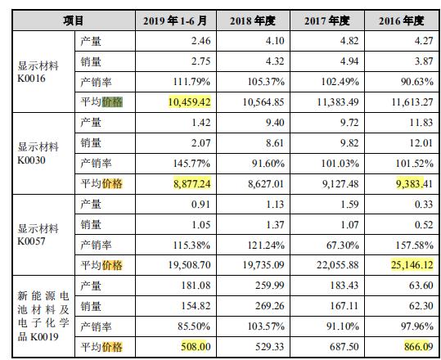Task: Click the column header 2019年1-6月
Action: coord(175,20)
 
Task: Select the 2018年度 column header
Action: coord(253,20)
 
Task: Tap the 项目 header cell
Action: coord(73,20)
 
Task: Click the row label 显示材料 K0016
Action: coord(38,72)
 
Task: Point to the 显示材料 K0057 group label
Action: coord(38,235)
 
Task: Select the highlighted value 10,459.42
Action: coord(190,101)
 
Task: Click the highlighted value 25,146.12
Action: coord(412,264)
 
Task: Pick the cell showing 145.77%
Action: coord(191,164)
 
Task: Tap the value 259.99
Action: coord(270,286)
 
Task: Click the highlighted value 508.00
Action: coord(196,347)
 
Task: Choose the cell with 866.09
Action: coord(419,347)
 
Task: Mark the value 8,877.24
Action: coord(192,183)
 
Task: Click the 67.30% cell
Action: coord(343,245)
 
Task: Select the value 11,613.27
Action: coord(412,101)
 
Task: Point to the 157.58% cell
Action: coord(415,245)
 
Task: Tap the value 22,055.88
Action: coord(337,264)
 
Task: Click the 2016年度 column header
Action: coord(402,20)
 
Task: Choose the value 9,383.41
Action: coord(414,183)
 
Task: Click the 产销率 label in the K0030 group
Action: coord(96,164)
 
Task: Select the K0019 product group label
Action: coord(43,316)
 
